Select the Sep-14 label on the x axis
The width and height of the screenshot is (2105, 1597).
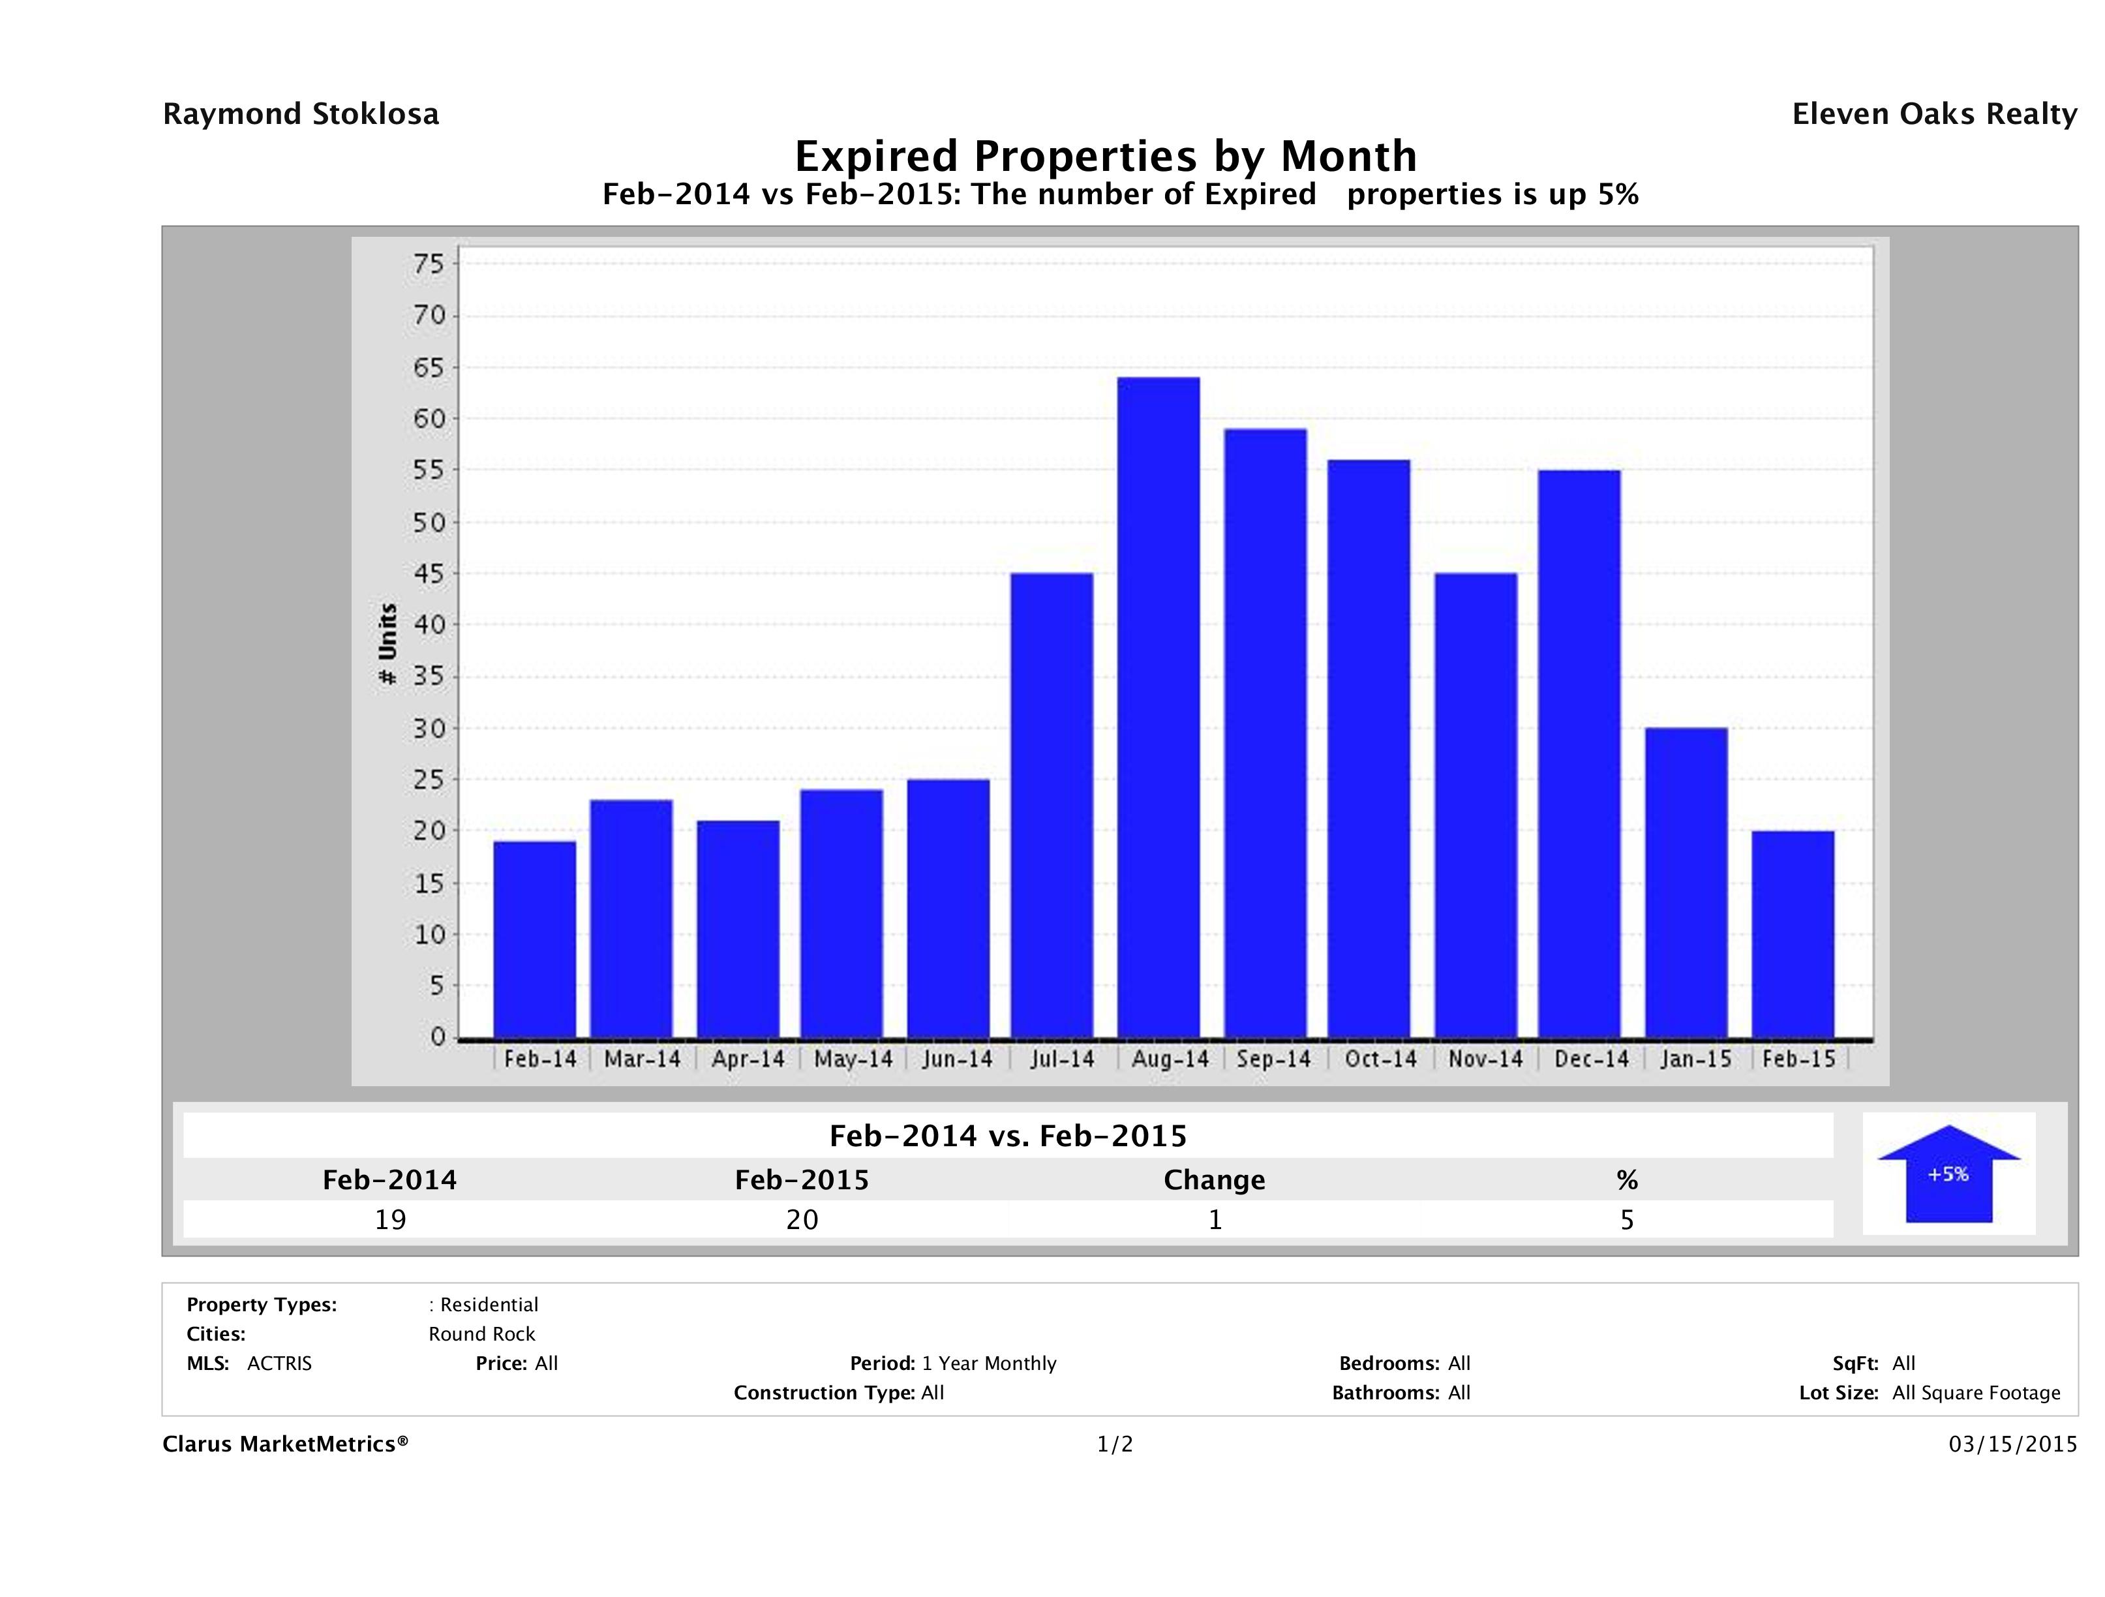pos(1273,1059)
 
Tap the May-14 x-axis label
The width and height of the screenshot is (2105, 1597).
pos(854,1059)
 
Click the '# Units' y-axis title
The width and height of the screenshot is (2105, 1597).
pos(387,645)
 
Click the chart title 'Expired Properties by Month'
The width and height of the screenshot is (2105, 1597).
pos(1106,156)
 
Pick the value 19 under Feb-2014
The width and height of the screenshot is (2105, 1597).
pos(390,1220)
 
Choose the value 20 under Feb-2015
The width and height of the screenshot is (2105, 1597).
pos(802,1220)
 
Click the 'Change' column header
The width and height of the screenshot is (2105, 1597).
pos(1215,1180)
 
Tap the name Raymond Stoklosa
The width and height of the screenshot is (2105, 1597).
pos(301,114)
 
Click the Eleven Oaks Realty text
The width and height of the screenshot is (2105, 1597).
pos(1933,114)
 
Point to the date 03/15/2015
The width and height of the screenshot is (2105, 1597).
pos(2012,1445)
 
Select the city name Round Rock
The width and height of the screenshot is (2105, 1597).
pos(481,1334)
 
